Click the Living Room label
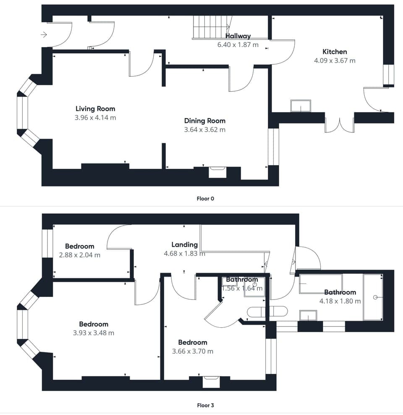pos(95,109)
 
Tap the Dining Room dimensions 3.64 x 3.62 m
pos(204,130)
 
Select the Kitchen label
pos(335,52)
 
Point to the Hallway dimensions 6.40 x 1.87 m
pos(238,45)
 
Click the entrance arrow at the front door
pos(44,34)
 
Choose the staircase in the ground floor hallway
pos(212,27)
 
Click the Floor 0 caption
pos(205,199)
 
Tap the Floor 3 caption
pos(205,405)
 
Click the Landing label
pos(184,244)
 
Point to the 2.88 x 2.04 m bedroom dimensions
pos(80,255)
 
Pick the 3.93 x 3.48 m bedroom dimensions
pos(94,333)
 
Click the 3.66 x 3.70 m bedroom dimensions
pos(193,351)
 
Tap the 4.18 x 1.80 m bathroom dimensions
pos(340,301)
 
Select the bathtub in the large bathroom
pos(373,297)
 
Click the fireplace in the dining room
pos(217,172)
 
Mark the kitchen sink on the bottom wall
pos(301,106)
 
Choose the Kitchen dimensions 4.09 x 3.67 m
pos(335,60)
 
